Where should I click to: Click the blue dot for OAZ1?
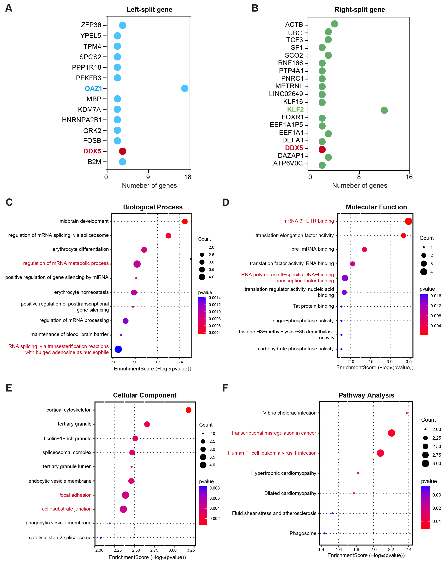point(185,88)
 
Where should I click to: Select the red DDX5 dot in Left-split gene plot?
point(122,151)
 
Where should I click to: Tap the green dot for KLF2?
point(384,110)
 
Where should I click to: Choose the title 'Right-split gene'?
point(360,10)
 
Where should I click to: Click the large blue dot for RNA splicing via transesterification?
point(118,349)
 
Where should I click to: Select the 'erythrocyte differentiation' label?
point(81,249)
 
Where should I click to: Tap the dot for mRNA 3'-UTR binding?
point(408,221)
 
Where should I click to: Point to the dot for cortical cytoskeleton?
point(188,410)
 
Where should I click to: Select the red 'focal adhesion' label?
point(75,495)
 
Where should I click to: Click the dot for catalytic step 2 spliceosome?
point(101,537)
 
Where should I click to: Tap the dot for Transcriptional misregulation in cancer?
point(391,433)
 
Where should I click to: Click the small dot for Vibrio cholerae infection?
point(407,413)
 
